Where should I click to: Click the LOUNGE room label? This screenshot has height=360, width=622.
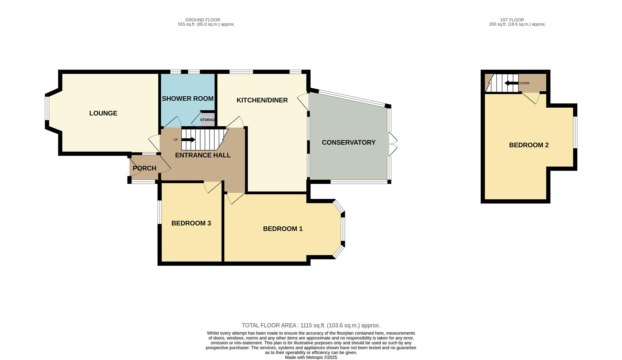pos(103,113)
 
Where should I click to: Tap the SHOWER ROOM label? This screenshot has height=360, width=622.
pos(188,99)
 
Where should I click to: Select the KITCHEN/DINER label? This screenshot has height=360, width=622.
pos(262,100)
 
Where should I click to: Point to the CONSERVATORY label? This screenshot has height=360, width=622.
pos(349,143)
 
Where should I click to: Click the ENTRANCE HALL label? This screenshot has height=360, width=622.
pos(203,155)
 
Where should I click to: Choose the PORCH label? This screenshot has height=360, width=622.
pos(144,168)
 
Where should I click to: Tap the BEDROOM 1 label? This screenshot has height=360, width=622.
pos(283,229)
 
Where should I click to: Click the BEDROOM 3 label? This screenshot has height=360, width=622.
pos(191,223)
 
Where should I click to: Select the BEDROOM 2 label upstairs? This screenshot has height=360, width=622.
pos(529,145)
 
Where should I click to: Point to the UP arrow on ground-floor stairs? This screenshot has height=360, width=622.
pos(188,140)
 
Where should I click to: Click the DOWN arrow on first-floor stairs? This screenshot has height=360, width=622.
pos(511,83)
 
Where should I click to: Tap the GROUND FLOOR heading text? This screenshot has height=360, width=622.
pos(203,20)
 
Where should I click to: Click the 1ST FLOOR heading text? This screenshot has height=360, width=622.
pos(512,20)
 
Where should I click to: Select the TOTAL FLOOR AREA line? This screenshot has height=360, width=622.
pos(311,325)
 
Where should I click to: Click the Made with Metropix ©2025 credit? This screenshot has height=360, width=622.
pos(311,357)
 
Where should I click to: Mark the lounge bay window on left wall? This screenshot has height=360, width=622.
pos(47,108)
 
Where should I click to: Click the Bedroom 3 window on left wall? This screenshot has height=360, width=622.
pos(160,212)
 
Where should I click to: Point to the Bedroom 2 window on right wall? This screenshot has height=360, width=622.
pos(575,132)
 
